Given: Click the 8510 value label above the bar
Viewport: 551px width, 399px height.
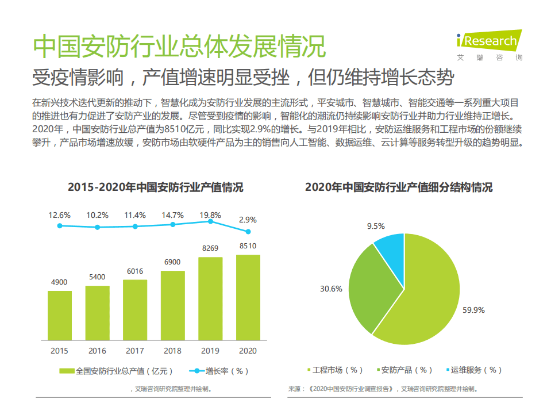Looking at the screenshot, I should pos(248,246).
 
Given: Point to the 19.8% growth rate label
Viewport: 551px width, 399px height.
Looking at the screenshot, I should pos(210,215).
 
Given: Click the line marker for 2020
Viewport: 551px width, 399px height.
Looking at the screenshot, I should pos(248,232).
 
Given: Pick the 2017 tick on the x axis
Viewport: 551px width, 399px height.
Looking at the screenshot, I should pos(135,351).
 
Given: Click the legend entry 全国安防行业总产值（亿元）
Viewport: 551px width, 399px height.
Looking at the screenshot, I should pos(117,371).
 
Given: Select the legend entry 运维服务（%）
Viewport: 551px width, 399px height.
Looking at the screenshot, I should pos(474,370).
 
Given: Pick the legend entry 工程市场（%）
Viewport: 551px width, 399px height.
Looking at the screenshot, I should pos(336,370).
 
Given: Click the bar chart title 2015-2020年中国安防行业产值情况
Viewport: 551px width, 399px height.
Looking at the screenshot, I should pos(155,187).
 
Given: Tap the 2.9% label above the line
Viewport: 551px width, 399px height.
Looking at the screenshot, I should pos(248,220).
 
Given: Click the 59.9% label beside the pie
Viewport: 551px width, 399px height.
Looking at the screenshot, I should pos(473,310).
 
